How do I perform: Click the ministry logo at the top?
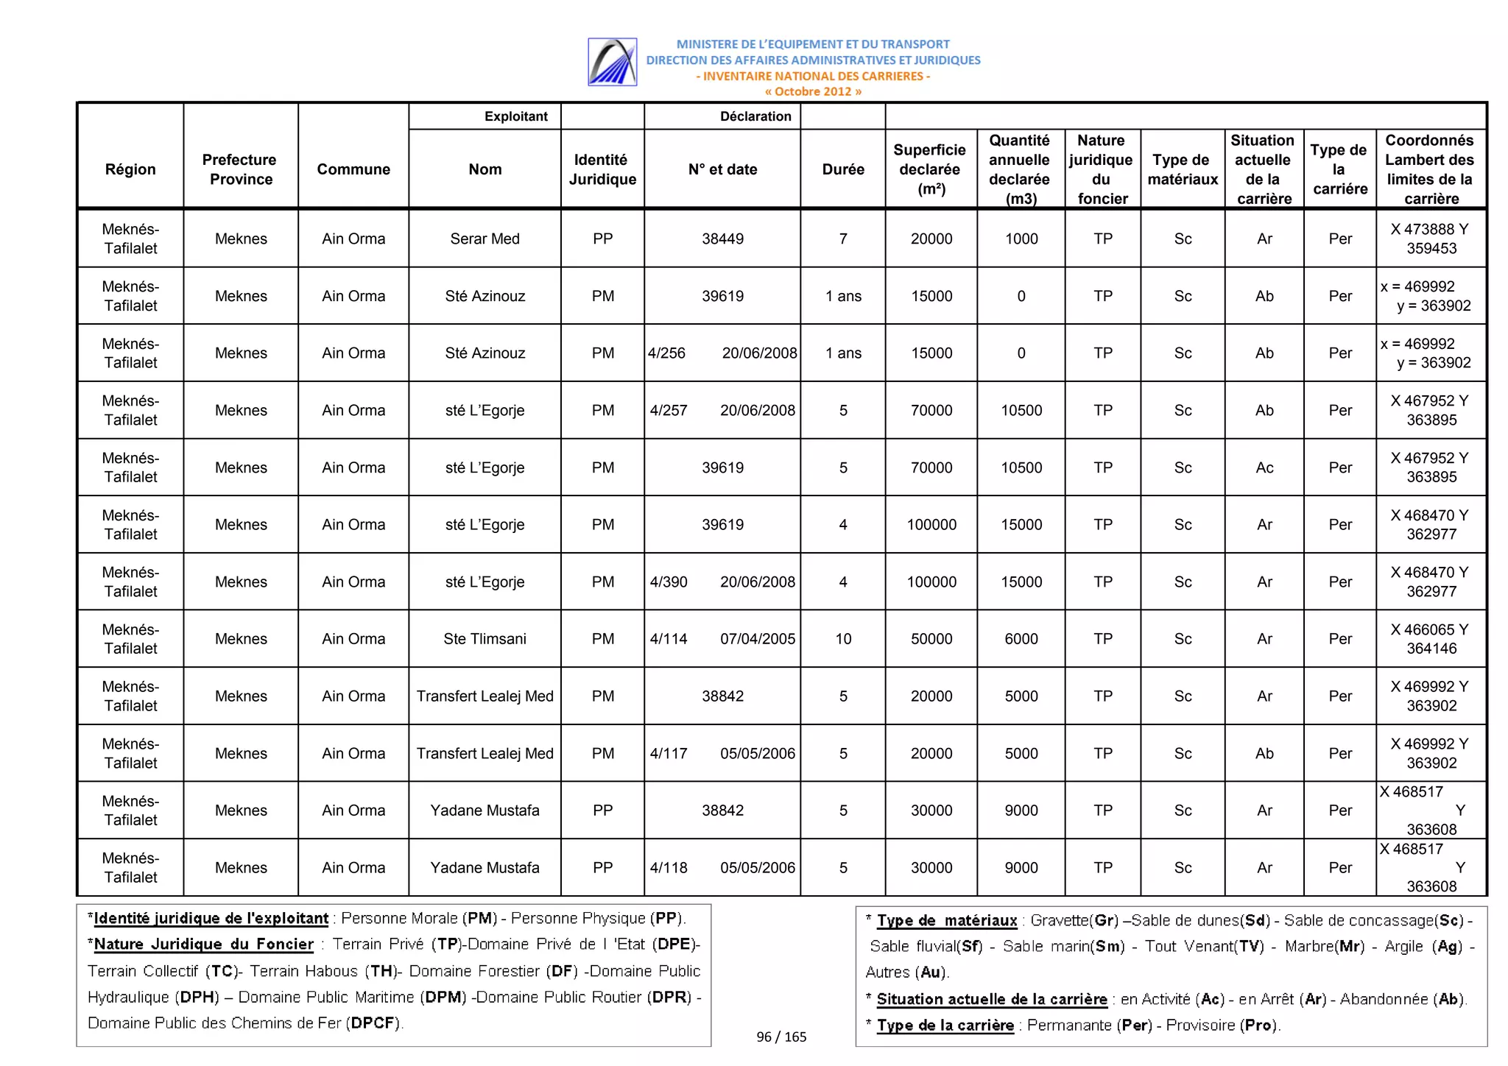click(x=612, y=62)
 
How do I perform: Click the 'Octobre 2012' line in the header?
click(x=812, y=91)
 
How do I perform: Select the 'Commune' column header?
click(x=353, y=169)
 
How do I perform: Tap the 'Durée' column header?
click(x=843, y=169)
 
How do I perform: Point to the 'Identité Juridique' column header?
click(x=602, y=169)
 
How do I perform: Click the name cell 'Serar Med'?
click(x=485, y=239)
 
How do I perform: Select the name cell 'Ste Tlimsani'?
click(x=485, y=639)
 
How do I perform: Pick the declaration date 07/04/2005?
click(x=758, y=639)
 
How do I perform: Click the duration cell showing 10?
click(x=843, y=639)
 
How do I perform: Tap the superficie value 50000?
click(x=931, y=639)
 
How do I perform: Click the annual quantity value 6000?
click(x=1021, y=639)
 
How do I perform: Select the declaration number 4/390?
click(x=669, y=582)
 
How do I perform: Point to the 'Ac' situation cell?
click(x=1264, y=467)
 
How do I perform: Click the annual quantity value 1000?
click(x=1021, y=239)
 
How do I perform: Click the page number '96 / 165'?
click(x=781, y=1037)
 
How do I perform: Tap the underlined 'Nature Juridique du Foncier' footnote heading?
click(x=204, y=945)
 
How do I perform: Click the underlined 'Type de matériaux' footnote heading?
click(x=947, y=920)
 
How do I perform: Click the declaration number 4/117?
click(x=669, y=753)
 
